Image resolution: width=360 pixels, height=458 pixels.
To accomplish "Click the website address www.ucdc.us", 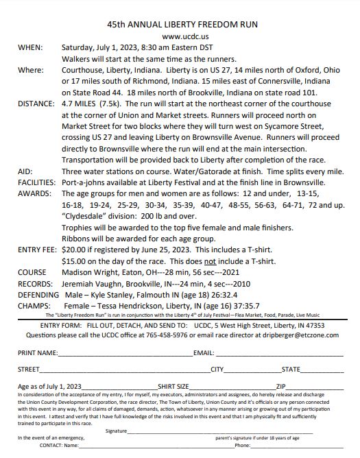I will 180,36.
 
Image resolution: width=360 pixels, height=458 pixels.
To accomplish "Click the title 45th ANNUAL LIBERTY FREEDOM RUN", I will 180,23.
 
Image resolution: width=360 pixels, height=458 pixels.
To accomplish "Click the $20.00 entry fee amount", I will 75,250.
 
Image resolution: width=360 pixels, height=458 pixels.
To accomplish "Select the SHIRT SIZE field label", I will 174,387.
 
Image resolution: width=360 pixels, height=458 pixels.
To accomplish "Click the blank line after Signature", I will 219,433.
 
